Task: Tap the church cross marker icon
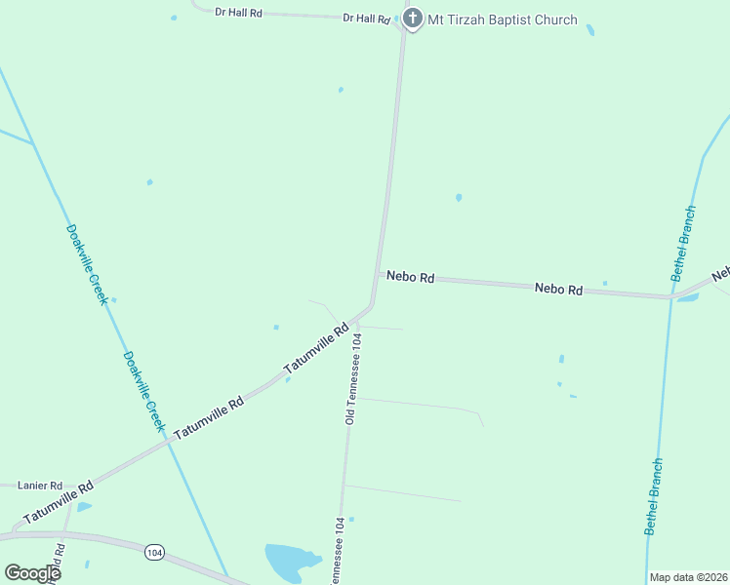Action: (413, 19)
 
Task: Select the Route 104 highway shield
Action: (153, 553)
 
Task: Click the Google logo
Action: (32, 573)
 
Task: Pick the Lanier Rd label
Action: (41, 485)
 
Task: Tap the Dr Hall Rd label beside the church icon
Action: (366, 18)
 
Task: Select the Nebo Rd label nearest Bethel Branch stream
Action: (558, 290)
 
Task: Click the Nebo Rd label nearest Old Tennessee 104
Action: (410, 277)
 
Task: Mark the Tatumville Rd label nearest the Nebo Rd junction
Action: (316, 349)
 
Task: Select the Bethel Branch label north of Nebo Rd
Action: (684, 244)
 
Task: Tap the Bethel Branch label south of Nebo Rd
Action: (654, 496)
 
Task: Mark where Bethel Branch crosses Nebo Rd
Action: (671, 296)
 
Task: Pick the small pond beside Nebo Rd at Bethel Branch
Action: (687, 297)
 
